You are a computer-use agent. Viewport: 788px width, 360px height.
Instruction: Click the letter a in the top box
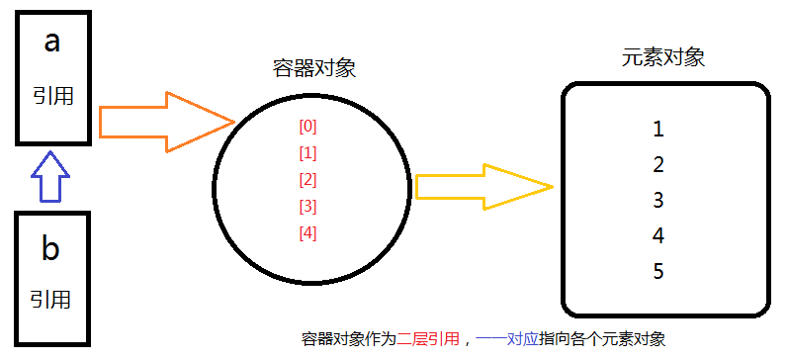pos(51,43)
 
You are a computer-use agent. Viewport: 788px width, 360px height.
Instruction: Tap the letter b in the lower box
pos(49,249)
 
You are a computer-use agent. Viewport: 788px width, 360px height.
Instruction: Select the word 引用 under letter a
pos(51,97)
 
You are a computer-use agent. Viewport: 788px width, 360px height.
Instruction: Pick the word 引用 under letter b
pos(49,300)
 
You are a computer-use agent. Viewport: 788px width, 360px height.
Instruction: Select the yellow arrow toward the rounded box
pos(482,185)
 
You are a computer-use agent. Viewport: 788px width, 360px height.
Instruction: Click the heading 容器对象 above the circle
pos(313,68)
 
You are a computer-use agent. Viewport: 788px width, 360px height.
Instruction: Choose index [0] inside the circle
pos(307,127)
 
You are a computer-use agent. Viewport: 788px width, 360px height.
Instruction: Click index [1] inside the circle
pos(307,153)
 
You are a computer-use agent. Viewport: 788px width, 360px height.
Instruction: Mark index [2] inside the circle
pos(307,180)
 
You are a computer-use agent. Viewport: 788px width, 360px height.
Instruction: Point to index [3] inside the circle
pos(307,207)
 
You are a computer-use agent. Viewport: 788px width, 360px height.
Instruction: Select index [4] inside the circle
pos(307,233)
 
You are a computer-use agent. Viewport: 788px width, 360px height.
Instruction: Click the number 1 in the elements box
pos(658,129)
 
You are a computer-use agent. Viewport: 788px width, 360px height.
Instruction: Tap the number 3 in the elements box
pos(658,200)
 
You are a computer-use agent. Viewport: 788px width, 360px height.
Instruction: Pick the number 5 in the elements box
pos(658,271)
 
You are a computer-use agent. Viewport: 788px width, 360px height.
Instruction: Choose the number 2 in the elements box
pos(658,164)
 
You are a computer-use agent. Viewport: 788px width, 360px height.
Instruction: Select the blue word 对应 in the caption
pos(522,339)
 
